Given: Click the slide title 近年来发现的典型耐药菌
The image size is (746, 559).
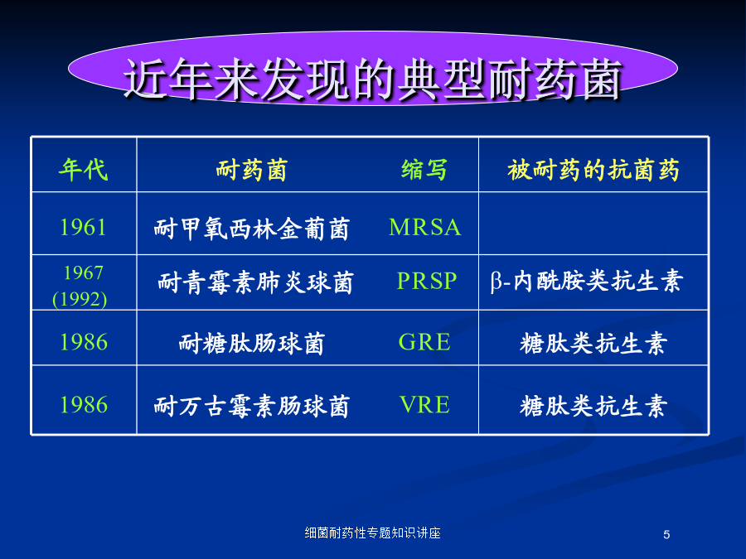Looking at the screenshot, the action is pos(373,80).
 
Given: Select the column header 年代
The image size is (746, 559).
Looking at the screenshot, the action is pos(83,169).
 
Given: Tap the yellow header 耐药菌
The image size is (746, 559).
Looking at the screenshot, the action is pos(252,170).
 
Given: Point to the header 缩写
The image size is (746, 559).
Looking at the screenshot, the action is pos(424,170).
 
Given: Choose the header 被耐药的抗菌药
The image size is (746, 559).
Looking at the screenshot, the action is pos(593,170).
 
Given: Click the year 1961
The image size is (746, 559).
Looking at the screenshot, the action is pos(83,227).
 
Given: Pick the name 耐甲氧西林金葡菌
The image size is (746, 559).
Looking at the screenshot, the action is pos(252,229).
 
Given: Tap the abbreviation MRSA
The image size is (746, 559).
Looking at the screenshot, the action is pos(425,227).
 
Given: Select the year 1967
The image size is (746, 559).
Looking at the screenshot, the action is pos(83,272).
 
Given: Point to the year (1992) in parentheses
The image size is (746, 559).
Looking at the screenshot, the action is pos(80,299).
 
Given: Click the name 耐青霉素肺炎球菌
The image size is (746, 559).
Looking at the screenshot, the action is pos(255,282).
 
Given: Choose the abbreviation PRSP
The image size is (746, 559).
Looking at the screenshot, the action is pos(427,281).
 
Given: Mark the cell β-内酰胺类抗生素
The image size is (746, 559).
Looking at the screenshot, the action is pos(587,281).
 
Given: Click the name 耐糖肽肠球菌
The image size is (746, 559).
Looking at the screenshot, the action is pos(252,343).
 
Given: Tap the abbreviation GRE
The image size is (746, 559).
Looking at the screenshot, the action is pos(424,342).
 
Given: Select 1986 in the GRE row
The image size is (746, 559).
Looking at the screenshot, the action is pos(84,342).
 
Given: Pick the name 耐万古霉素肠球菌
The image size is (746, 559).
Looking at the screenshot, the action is pos(252,407).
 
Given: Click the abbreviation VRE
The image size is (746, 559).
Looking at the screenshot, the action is pos(424,404).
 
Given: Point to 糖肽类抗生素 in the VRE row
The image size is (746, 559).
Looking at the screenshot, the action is pos(593,407).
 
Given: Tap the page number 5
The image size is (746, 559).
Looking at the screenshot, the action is pos(666,535).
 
